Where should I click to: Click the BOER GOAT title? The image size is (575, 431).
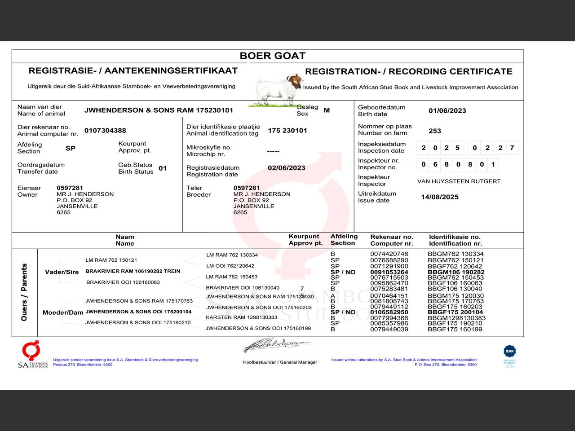pyautogui.click(x=272, y=56)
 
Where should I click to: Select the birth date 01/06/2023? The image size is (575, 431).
pyautogui.click(x=447, y=111)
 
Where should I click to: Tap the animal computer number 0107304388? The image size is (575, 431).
pyautogui.click(x=105, y=131)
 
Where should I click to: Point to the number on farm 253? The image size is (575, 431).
pyautogui.click(x=434, y=131)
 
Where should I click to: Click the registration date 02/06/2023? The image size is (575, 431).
pyautogui.click(x=286, y=168)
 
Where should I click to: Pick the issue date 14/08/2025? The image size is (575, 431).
pyautogui.click(x=439, y=197)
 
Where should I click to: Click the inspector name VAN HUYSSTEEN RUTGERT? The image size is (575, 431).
pyautogui.click(x=459, y=181)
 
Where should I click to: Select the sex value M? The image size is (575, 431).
pyautogui.click(x=327, y=110)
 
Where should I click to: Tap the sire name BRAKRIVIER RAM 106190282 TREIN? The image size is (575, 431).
pyautogui.click(x=133, y=271)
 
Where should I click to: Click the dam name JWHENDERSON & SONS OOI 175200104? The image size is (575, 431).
pyautogui.click(x=138, y=312)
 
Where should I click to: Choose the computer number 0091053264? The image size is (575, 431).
pyautogui.click(x=389, y=272)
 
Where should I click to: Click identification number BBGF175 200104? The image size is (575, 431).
pyautogui.click(x=455, y=312)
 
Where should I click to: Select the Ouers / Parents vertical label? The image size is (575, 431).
pyautogui.click(x=24, y=292)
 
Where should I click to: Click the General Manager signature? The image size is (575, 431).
pyautogui.click(x=276, y=345)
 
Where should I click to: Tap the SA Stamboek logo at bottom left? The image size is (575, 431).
pyautogui.click(x=32, y=355)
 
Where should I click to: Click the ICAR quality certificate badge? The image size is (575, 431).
pyautogui.click(x=509, y=356)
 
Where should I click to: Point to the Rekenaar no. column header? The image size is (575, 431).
pyautogui.click(x=391, y=240)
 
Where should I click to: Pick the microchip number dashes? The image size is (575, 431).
pyautogui.click(x=273, y=151)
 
